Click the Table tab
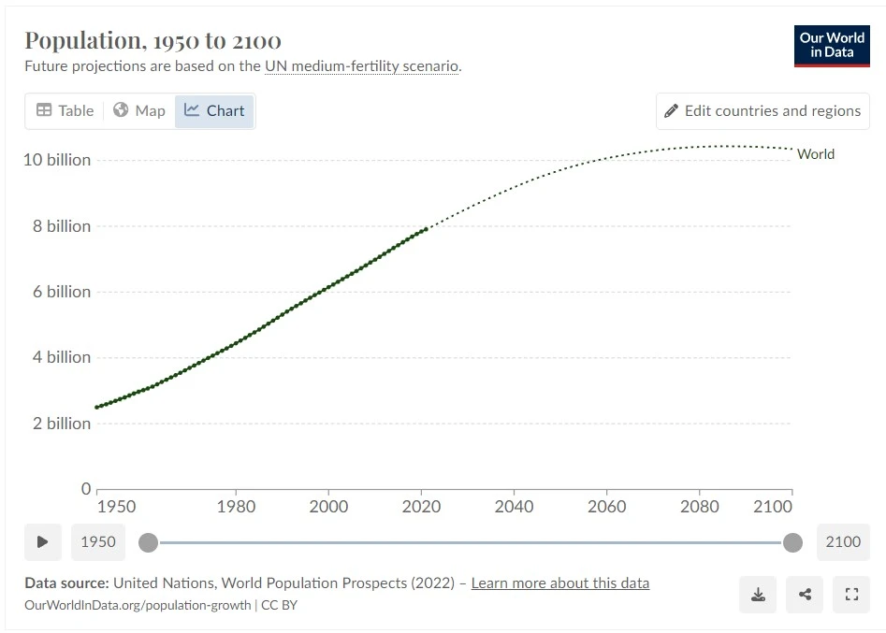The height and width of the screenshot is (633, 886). [x=65, y=110]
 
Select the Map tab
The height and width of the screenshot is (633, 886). [x=139, y=110]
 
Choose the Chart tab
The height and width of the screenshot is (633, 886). [x=214, y=110]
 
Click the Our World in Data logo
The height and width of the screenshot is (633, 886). [x=832, y=45]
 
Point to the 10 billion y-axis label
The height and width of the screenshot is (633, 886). [x=57, y=160]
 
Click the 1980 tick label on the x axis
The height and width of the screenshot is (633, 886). [x=236, y=507]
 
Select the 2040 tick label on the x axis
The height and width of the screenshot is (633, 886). [x=514, y=507]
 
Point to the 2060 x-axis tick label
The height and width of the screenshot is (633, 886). [x=606, y=507]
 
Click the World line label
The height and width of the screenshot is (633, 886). [x=816, y=154]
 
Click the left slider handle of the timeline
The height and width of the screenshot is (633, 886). [x=148, y=542]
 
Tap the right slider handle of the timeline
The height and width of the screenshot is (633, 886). [x=792, y=542]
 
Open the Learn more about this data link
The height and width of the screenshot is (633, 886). [x=559, y=583]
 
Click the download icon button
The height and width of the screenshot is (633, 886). [x=758, y=594]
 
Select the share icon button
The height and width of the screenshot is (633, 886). [x=805, y=594]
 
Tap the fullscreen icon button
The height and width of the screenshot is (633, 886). [x=851, y=594]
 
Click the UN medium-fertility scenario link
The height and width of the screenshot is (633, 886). [x=362, y=66]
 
